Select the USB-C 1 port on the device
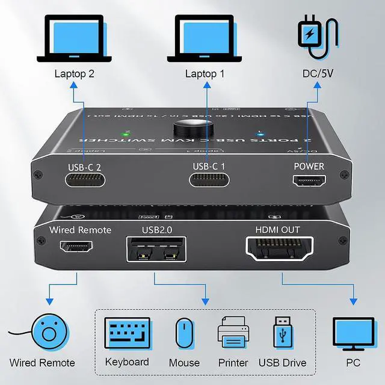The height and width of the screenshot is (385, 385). click(x=208, y=180)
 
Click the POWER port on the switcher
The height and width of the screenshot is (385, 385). click(x=308, y=180)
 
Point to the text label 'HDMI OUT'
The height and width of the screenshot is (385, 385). click(x=277, y=229)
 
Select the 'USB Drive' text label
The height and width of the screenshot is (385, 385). click(x=282, y=362)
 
